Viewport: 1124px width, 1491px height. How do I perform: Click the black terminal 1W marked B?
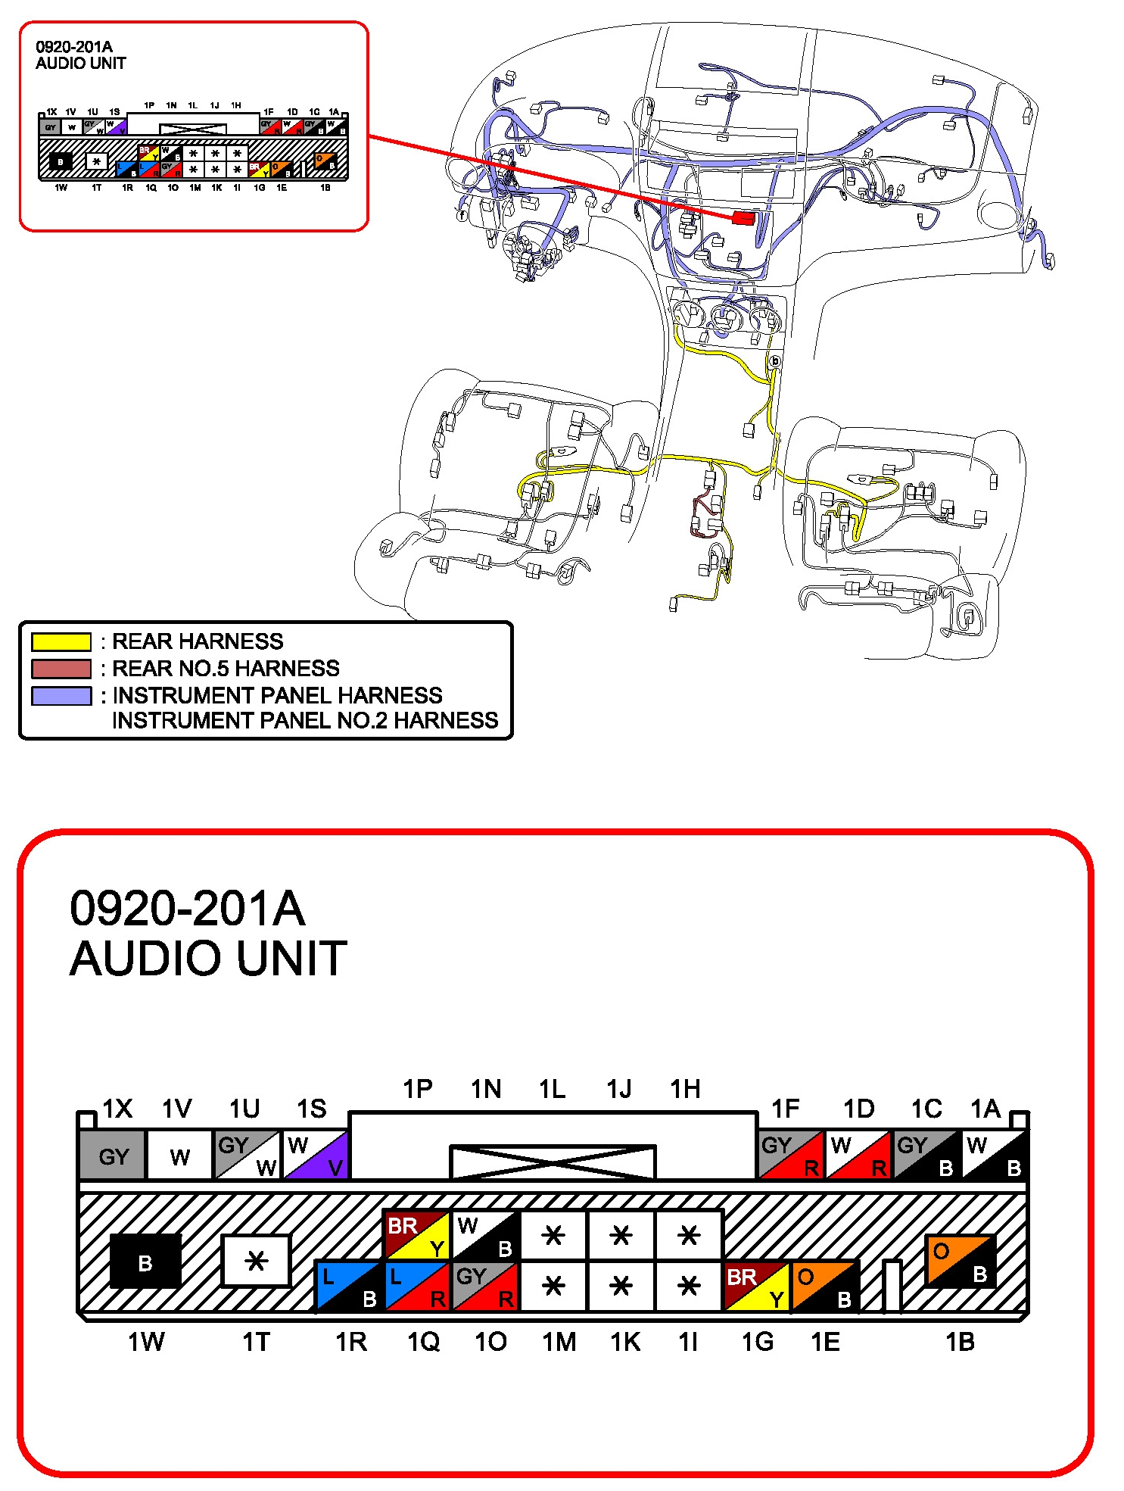coord(145,1262)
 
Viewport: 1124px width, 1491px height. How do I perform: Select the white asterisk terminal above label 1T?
coord(256,1262)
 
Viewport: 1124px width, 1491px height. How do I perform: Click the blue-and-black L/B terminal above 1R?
coord(350,1287)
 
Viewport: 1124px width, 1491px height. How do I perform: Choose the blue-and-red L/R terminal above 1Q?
coord(417,1287)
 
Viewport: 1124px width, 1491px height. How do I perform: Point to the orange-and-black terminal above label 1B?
coord(960,1261)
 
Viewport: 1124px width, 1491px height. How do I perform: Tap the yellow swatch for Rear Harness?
coord(61,642)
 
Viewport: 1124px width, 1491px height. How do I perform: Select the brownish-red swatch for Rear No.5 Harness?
coord(61,669)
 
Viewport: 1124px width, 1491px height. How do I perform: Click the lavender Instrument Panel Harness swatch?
coord(61,696)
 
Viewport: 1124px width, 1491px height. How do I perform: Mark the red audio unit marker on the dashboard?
coord(743,218)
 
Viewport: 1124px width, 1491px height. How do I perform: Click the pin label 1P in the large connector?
coord(418,1090)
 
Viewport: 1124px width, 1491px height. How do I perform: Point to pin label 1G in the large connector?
coord(758,1343)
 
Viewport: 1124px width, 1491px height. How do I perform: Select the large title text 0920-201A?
coord(187,908)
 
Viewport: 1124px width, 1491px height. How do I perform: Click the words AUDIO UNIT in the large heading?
coord(208,959)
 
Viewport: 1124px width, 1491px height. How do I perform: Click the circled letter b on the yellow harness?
coord(774,362)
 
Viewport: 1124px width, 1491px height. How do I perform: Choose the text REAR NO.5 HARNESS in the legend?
coord(226,669)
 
